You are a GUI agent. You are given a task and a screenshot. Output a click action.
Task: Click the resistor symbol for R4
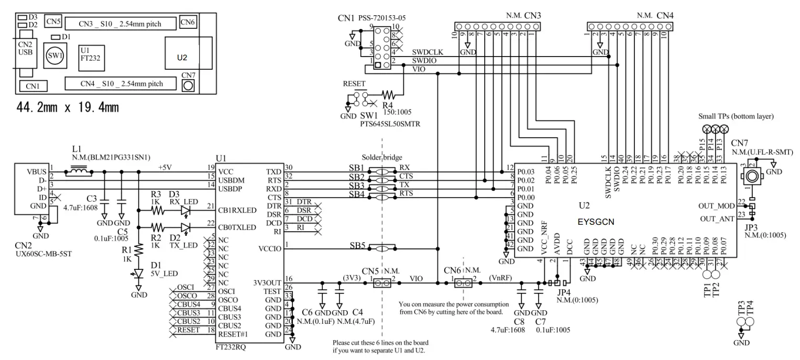click(389, 95)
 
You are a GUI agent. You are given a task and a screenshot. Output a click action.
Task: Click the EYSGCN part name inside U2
click(596, 222)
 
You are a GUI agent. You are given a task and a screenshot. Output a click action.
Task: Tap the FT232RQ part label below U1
click(233, 347)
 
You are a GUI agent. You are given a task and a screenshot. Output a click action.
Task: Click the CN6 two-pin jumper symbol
click(463, 283)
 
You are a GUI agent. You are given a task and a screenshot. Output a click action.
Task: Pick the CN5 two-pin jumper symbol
click(386, 283)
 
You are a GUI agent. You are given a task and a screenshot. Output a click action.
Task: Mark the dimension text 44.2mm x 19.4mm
click(69, 108)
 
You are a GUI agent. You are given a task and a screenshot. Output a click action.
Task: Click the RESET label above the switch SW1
click(355, 83)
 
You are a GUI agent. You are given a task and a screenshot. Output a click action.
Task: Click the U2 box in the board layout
click(182, 57)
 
